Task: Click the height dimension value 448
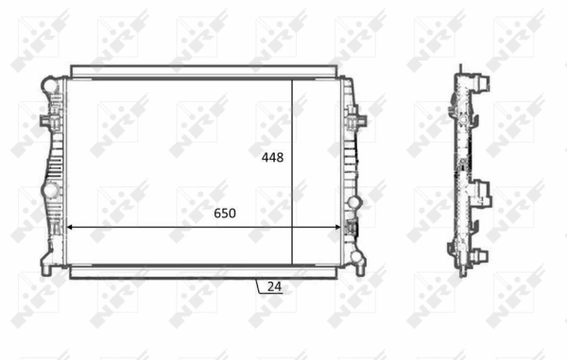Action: (272, 158)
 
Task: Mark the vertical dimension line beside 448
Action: (292, 170)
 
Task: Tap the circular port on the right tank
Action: (356, 200)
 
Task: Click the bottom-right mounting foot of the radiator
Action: (356, 260)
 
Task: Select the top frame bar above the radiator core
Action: (203, 72)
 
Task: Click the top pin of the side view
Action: (462, 69)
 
